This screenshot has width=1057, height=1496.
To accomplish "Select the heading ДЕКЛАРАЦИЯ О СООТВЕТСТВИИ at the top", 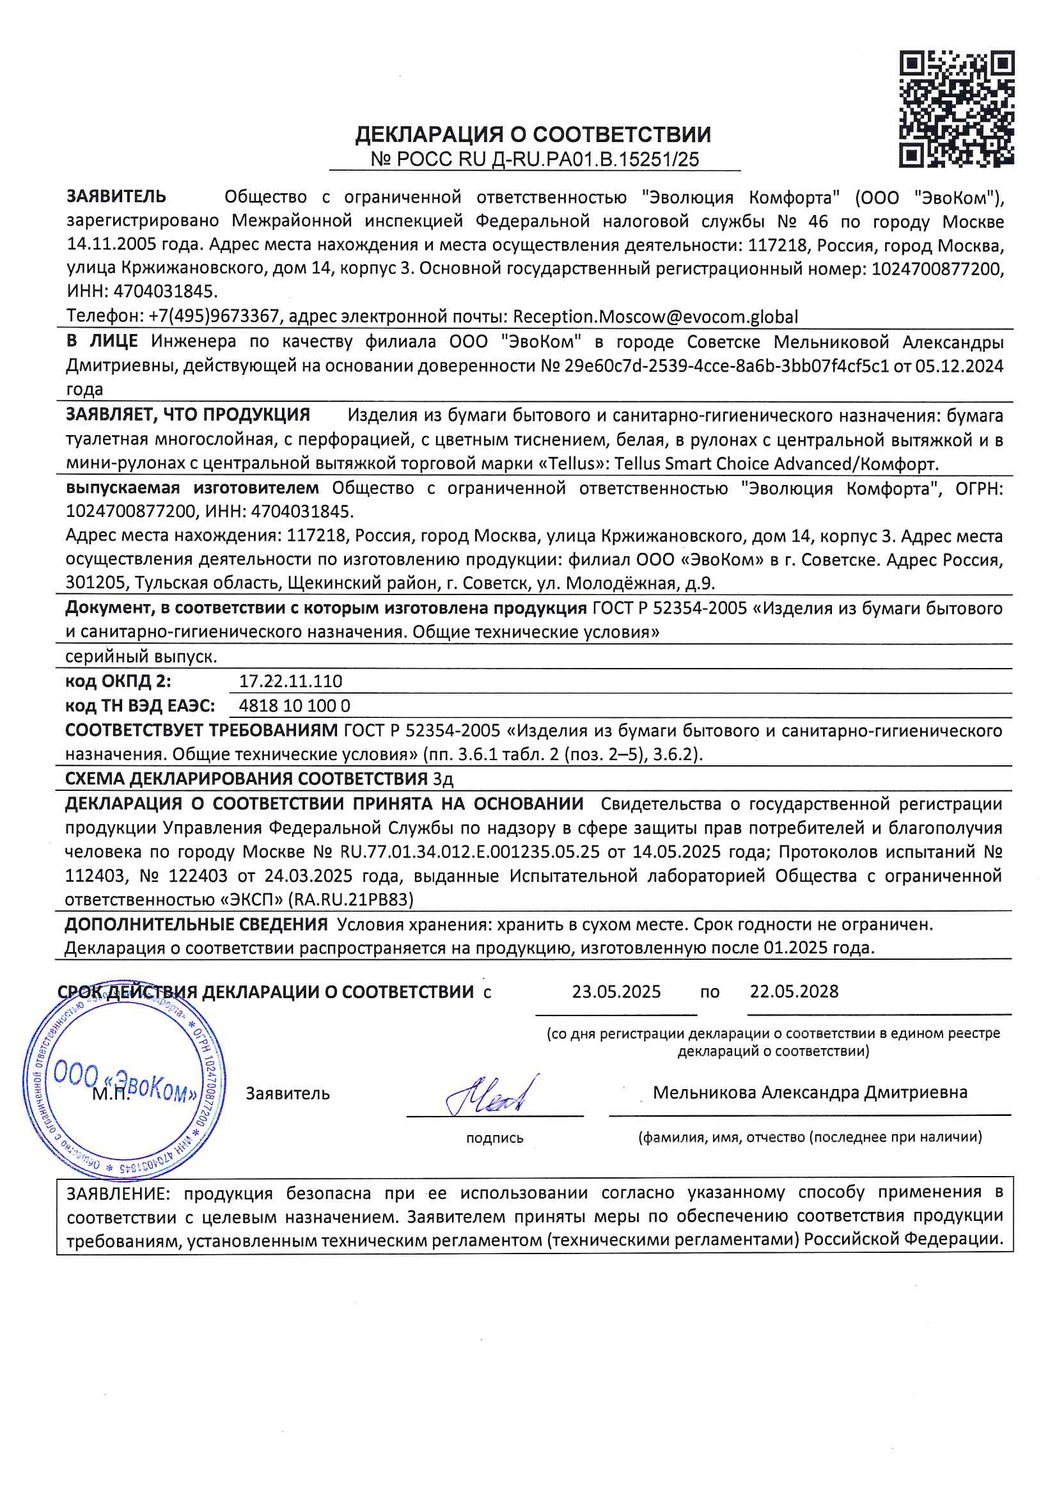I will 533,135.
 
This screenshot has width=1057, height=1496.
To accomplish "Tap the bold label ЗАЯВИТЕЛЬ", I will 116,196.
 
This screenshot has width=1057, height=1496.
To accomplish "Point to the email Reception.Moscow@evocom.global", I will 655,317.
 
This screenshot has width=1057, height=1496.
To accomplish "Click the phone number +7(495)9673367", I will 214,317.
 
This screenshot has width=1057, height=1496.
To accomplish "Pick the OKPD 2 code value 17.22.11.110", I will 290,681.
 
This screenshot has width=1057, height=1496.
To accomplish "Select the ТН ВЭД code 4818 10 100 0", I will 294,706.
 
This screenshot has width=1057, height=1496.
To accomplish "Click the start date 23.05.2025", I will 616,992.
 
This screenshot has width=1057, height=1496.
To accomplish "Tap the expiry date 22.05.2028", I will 794,992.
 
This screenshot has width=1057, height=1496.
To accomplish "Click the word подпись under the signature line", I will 494,1138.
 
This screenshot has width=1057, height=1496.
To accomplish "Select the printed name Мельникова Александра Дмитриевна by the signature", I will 810,1093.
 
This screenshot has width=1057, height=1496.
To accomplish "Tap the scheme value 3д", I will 443,779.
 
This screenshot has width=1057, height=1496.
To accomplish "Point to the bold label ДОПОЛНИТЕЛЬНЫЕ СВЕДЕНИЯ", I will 196,925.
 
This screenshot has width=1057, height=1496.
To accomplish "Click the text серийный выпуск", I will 141,656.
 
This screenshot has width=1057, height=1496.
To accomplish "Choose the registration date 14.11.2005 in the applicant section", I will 112,246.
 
